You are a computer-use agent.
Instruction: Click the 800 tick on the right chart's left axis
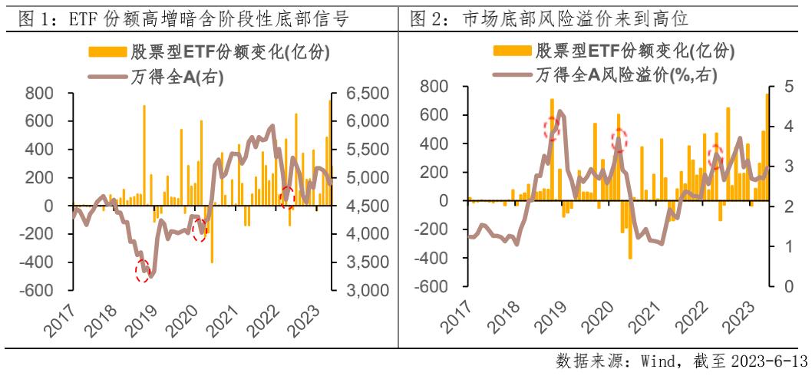[434, 87]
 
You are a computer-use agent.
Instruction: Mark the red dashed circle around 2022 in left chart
[288, 196]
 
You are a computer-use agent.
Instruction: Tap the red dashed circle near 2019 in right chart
[552, 128]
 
